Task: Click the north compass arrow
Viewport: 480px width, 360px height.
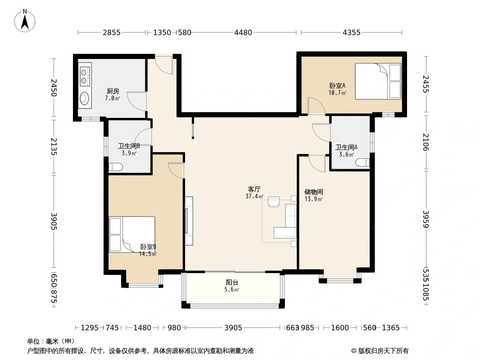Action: pyautogui.click(x=25, y=22)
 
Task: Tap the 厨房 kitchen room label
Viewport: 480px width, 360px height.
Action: pyautogui.click(x=113, y=91)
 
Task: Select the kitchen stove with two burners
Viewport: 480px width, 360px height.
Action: pyautogui.click(x=84, y=76)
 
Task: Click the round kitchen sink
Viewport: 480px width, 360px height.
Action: pyautogui.click(x=84, y=99)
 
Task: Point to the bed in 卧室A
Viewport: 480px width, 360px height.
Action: pyautogui.click(x=378, y=81)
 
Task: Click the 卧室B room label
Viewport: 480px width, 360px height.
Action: pyautogui.click(x=148, y=247)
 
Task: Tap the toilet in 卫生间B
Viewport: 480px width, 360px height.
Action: pyautogui.click(x=116, y=167)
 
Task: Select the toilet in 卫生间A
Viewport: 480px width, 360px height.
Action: pyautogui.click(x=362, y=162)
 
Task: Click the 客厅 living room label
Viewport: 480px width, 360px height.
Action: pyautogui.click(x=254, y=189)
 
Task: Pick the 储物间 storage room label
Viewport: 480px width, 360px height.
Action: pyautogui.click(x=314, y=192)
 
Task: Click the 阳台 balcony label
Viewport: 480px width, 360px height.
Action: pyautogui.click(x=232, y=282)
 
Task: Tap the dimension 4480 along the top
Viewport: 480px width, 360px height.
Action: pyautogui.click(x=243, y=32)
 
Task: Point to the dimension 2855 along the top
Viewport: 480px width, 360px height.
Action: pyautogui.click(x=111, y=32)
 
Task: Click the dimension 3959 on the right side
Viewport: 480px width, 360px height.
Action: pyautogui.click(x=426, y=219)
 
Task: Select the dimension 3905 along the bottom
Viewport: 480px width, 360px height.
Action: pyautogui.click(x=233, y=328)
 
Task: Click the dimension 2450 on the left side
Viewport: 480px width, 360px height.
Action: pyautogui.click(x=54, y=87)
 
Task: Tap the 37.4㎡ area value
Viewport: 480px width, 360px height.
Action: pyautogui.click(x=254, y=196)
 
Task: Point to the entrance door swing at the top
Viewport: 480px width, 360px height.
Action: pyautogui.click(x=164, y=65)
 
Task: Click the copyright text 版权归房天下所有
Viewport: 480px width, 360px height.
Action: pyautogui.click(x=383, y=351)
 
